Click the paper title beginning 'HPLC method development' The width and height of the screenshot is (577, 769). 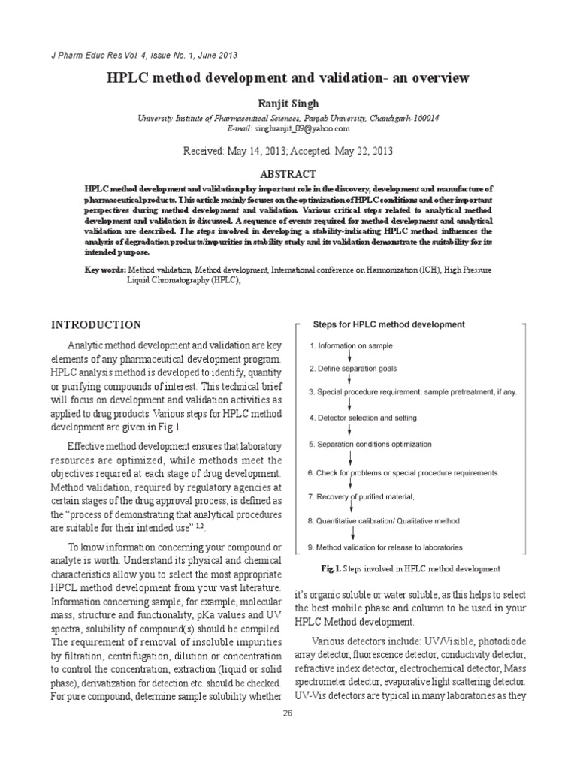point(288,78)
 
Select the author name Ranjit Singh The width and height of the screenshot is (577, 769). point(288,103)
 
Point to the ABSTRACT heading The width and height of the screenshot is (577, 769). point(288,173)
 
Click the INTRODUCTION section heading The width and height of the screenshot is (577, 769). point(95,325)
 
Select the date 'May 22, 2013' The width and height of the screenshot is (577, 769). point(355,151)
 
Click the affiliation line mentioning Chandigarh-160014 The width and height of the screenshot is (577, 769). point(288,119)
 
